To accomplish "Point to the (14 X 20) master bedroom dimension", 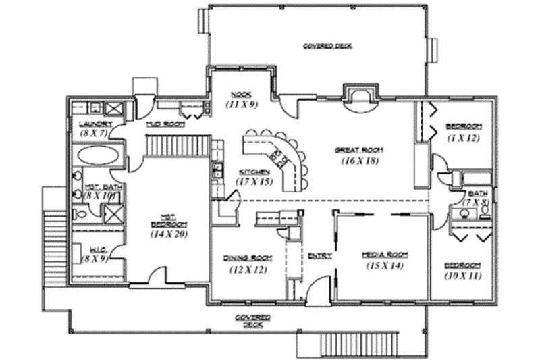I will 169,234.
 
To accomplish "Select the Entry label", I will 319,255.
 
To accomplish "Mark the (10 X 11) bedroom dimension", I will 463,276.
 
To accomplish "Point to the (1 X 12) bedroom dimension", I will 463,138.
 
